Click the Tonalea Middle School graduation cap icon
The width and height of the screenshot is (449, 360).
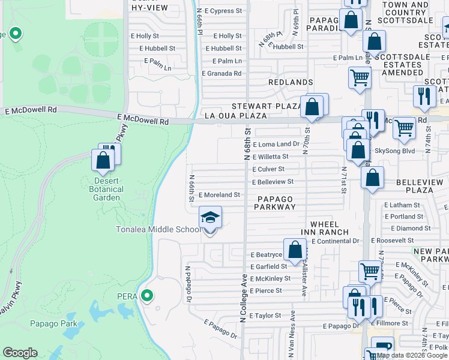click(210, 217)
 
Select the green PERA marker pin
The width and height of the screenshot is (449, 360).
click(146, 296)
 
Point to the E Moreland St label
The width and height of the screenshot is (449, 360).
click(219, 195)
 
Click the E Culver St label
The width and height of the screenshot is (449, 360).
click(268, 169)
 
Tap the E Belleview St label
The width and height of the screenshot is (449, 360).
click(273, 182)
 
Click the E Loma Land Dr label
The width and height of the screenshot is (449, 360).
click(276, 145)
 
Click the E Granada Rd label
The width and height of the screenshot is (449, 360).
click(221, 74)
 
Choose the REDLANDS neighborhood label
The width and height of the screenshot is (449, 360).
click(291, 82)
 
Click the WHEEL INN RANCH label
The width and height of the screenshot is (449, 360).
click(322, 227)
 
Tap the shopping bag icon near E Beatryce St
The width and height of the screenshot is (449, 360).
click(295, 250)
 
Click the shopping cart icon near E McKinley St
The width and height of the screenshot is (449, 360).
click(370, 271)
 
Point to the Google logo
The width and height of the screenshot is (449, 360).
click(20, 353)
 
